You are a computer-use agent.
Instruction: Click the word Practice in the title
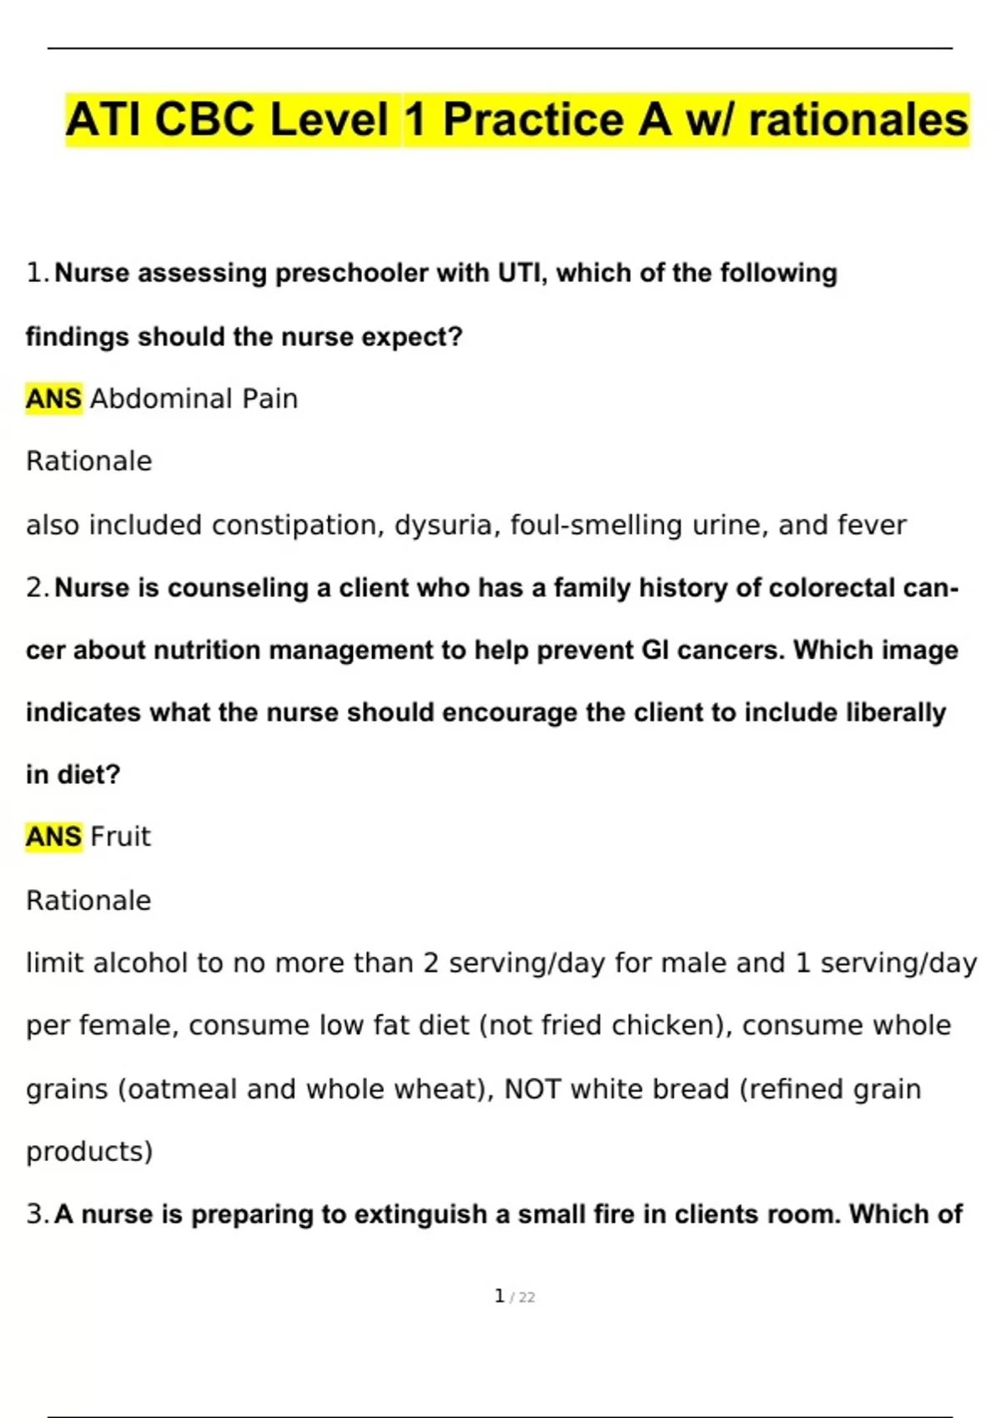pos(556,119)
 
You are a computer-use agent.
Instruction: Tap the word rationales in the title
pos(858,119)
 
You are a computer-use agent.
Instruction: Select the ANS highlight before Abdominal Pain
pos(53,399)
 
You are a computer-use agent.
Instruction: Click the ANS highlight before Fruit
pos(53,836)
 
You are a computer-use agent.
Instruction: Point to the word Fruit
pos(121,836)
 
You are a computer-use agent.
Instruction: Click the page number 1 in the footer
pos(499,1296)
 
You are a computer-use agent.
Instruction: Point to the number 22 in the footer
pos(526,1298)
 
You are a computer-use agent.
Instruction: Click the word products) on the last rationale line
pos(89,1152)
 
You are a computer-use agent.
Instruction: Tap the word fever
pos(871,525)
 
